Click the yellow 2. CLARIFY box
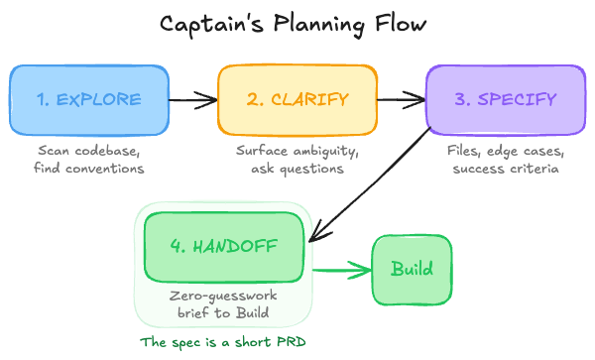[x=297, y=100]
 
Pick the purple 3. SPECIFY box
[x=506, y=100]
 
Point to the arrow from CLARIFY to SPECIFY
[x=402, y=99]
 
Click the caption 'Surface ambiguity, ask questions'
[x=297, y=160]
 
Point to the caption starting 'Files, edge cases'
[x=506, y=160]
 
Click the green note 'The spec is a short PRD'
[x=223, y=342]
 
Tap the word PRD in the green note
[x=292, y=342]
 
